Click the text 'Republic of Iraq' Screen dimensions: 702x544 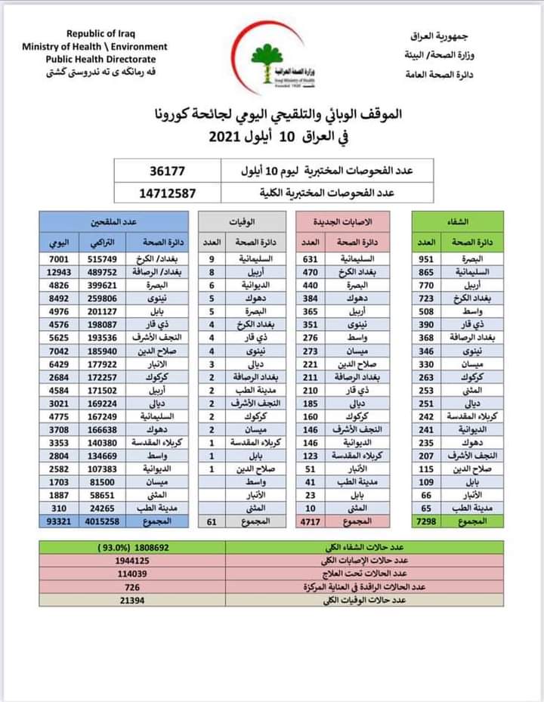point(102,33)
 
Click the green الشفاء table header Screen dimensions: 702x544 point(458,221)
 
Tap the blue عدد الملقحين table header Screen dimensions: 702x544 point(113,221)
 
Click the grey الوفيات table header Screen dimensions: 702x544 point(242,221)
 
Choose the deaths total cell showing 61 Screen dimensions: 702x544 point(212,522)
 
